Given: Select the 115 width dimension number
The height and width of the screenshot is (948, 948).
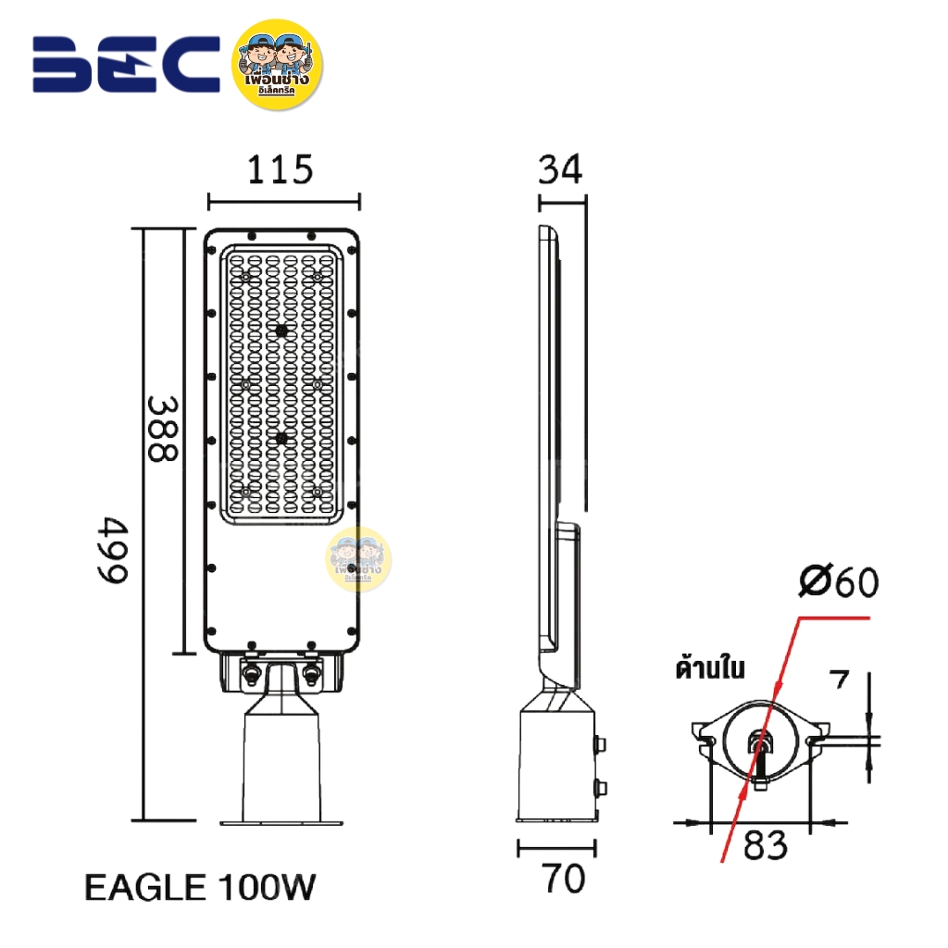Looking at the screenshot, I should point(281,170).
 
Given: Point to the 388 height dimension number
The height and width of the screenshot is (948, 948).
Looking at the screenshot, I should point(163,430).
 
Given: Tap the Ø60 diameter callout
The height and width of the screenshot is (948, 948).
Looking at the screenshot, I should point(838,583).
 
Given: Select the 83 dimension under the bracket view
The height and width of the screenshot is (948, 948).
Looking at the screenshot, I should point(765,844).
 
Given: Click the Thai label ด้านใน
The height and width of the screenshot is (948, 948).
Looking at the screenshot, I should point(711,667).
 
